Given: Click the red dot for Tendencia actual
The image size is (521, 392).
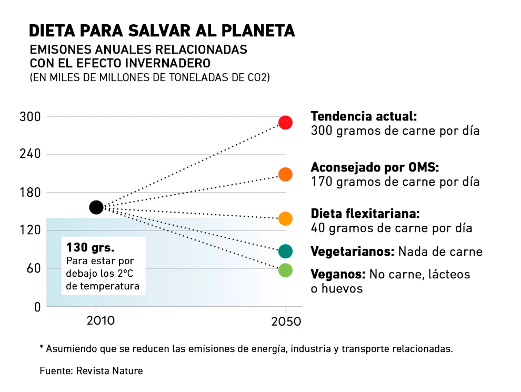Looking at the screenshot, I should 285,123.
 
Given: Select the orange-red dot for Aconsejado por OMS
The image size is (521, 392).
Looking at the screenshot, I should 285,174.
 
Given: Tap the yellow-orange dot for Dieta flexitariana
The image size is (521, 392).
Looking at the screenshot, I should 285,218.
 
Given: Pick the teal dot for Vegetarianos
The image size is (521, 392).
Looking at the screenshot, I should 285,251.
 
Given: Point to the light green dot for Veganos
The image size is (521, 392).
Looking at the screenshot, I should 285,270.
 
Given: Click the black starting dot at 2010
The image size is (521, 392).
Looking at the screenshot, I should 96,207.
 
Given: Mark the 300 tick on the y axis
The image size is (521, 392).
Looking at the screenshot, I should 31,117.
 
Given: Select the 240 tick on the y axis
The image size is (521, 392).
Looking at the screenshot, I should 31,155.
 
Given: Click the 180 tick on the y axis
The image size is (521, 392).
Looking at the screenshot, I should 31,193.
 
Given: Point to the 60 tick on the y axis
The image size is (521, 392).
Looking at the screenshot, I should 33,268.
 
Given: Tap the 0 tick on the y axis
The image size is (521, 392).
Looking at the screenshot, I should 37,307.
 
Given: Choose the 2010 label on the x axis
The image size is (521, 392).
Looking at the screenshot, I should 96,320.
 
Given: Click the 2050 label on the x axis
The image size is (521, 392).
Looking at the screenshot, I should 286,321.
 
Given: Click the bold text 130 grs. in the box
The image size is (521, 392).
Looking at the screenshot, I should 90,247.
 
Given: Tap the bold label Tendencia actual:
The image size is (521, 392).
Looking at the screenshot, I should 364,116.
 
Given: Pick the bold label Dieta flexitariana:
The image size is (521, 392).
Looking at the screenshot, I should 365,214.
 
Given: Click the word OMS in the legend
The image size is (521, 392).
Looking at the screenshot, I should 422,167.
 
